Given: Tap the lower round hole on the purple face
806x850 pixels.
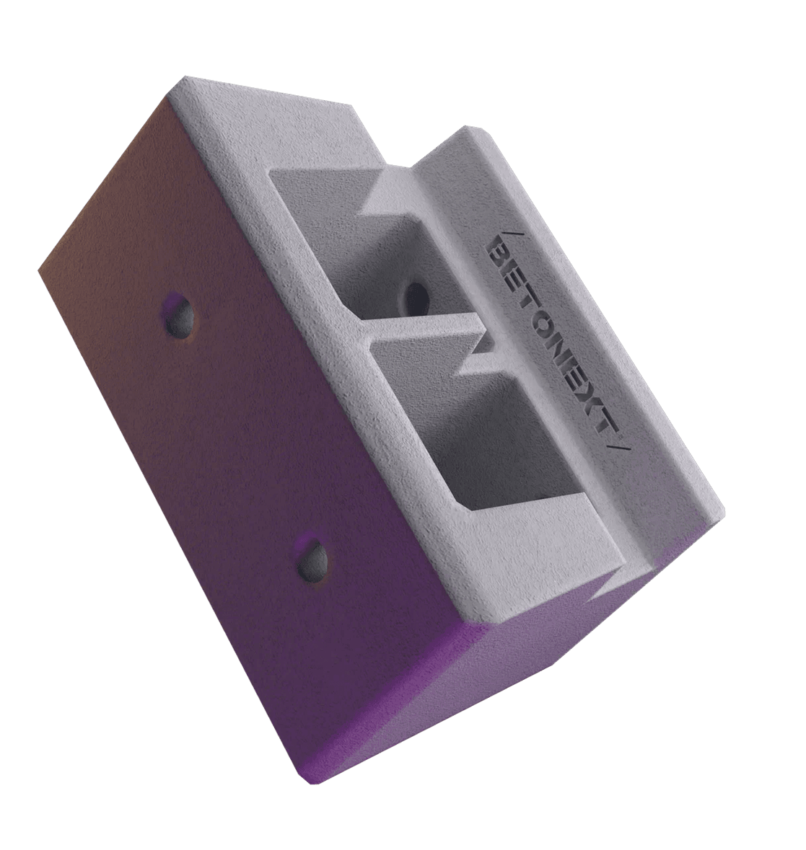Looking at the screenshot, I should (x=312, y=559).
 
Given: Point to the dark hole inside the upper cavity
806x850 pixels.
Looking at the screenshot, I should (x=416, y=296).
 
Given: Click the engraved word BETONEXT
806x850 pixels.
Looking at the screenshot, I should (x=555, y=340).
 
